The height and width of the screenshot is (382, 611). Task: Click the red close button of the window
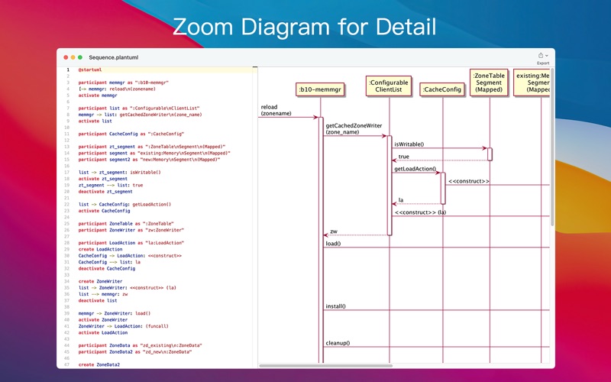(64, 57)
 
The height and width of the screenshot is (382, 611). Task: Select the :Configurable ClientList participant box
(388, 86)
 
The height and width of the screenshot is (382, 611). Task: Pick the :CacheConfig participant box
(441, 89)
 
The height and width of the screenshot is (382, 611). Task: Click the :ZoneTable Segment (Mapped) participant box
(489, 83)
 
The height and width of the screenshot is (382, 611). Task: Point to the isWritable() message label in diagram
(409, 144)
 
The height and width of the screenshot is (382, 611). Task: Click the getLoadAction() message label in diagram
(415, 169)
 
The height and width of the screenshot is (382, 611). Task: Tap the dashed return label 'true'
(403, 157)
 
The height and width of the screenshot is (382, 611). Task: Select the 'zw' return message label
(333, 231)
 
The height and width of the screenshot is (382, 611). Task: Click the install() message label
(335, 306)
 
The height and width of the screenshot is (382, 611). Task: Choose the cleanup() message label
(338, 343)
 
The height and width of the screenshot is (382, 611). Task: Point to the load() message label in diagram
(333, 244)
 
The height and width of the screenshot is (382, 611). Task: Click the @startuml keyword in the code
(89, 70)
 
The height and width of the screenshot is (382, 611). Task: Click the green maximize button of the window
(80, 57)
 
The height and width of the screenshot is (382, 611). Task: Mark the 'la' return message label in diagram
(400, 200)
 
